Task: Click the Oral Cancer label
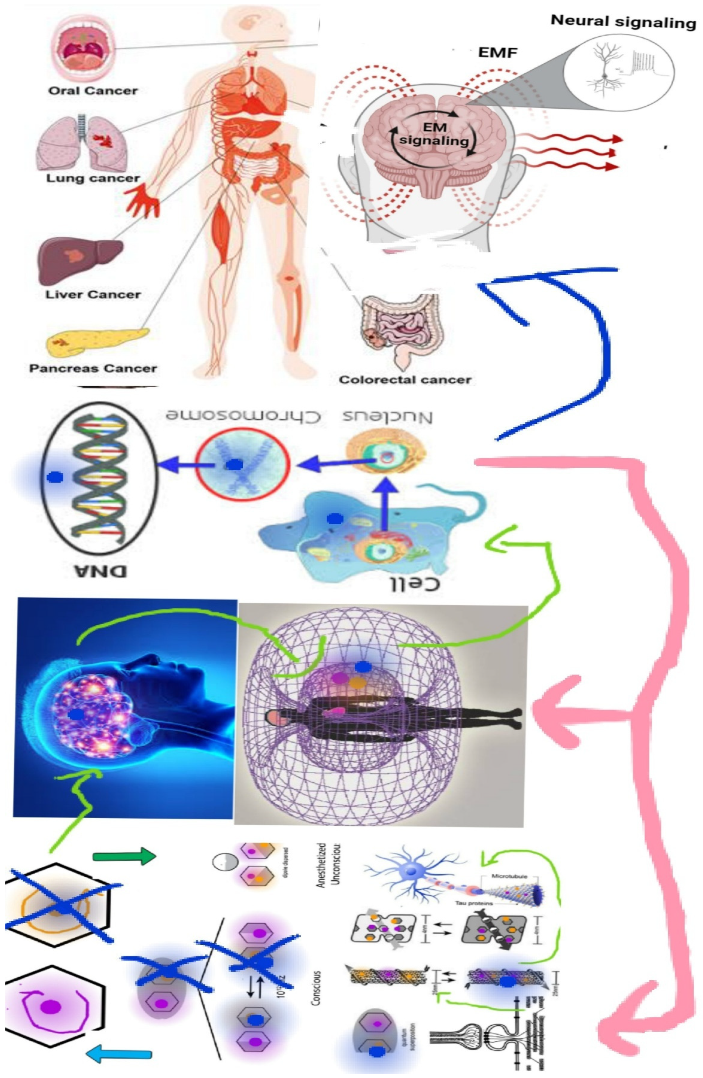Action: (x=92, y=91)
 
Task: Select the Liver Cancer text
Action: (x=93, y=294)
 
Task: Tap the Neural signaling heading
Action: (x=623, y=21)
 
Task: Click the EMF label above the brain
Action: (x=497, y=53)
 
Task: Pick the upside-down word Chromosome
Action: (x=242, y=415)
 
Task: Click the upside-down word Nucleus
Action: (x=387, y=417)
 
